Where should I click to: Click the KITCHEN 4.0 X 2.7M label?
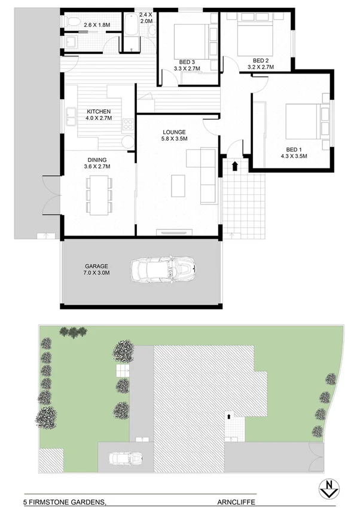[x=98, y=115]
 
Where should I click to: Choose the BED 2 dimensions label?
[x=260, y=64]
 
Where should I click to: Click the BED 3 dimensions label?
[x=187, y=65]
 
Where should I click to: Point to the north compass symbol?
[x=328, y=488]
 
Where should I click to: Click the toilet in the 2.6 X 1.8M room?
[x=71, y=23]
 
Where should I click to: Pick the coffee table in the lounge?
[x=179, y=185]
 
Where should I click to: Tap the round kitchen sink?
[x=127, y=142]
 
